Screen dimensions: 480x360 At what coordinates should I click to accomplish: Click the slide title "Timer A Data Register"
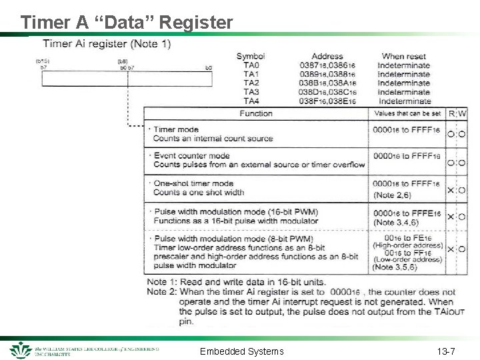tap(127, 22)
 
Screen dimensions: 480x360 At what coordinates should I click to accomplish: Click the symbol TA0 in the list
tap(251, 65)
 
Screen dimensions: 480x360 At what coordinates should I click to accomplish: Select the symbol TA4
tap(251, 101)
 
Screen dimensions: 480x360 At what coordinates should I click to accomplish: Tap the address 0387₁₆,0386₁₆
tap(327, 65)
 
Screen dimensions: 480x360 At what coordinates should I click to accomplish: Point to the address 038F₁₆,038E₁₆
tap(327, 101)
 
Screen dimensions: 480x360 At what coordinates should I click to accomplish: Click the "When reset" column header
tap(403, 56)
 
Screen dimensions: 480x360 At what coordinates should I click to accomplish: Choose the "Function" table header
tap(256, 114)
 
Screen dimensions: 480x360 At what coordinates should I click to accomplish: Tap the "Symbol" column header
tap(251, 56)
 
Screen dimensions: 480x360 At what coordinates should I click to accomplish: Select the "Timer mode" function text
tap(176, 129)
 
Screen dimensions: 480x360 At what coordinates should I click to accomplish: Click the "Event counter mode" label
tap(191, 155)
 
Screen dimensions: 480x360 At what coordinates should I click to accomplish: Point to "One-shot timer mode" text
tap(193, 183)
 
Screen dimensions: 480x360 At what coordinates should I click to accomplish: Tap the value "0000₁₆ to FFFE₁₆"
tap(407, 213)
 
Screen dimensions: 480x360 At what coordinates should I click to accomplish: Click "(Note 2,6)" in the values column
tap(392, 195)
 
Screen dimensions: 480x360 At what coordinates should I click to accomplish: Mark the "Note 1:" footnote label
tap(162, 283)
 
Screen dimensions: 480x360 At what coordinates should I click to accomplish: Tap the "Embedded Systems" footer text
tap(241, 351)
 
